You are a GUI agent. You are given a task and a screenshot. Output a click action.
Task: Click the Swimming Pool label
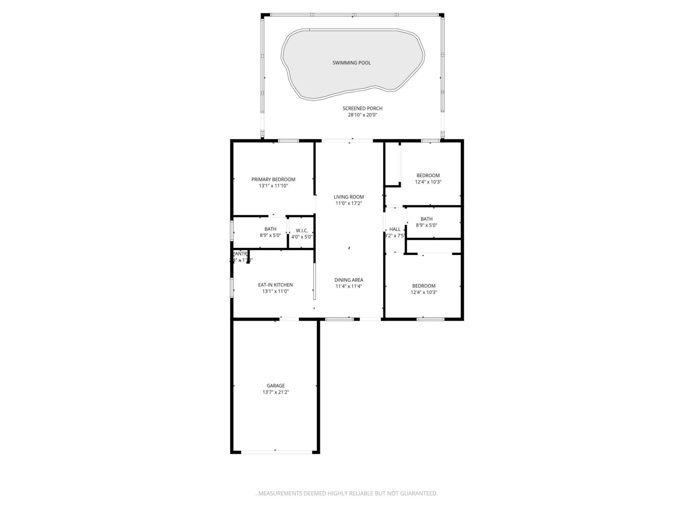point(351,63)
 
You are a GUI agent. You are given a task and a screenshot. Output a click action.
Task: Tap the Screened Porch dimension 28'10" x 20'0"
point(362,115)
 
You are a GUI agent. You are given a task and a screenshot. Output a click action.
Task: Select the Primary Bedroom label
point(273,179)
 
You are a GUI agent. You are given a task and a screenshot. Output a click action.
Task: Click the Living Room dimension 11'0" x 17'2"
point(348,203)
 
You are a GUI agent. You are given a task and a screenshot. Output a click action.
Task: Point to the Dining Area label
point(348,280)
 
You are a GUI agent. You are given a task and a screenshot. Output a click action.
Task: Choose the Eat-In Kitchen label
point(275,285)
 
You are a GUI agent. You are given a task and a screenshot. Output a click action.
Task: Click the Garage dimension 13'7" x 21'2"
point(275,392)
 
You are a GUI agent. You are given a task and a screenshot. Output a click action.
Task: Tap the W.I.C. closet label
point(302,231)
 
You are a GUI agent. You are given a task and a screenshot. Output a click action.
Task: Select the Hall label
point(395,229)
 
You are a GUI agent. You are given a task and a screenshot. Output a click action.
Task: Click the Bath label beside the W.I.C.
point(270,229)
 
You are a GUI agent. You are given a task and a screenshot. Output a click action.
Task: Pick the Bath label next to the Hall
point(426,219)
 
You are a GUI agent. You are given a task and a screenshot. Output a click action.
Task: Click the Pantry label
point(240,254)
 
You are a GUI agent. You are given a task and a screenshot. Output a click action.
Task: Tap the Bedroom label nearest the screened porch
point(428,175)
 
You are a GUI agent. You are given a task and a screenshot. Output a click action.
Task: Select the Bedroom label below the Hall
point(423,286)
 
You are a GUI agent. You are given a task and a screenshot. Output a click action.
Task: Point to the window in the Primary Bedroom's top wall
point(288,141)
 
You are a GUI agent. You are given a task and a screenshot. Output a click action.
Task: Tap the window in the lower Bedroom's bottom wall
point(430,319)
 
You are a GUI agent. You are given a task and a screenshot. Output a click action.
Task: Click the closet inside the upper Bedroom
point(393,164)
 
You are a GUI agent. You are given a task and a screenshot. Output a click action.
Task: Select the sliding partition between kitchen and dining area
point(314,281)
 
